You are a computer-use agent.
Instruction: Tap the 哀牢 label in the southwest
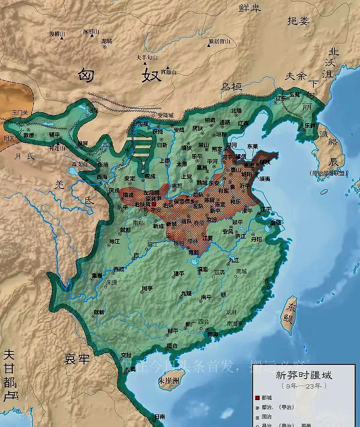pos(77,359)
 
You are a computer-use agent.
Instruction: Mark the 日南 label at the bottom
pos(159,416)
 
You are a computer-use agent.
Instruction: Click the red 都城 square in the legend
pos(257,398)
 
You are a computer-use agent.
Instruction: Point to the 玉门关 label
pos(20,113)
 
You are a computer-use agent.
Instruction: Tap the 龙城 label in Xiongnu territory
pos(106,41)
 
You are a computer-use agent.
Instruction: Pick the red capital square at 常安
pos(154,204)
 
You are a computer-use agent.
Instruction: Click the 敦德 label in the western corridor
pos(29,134)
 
